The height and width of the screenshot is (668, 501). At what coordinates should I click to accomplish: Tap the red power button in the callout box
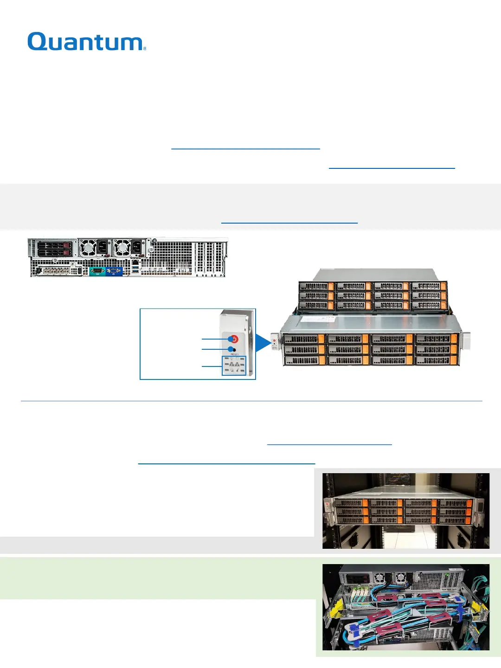pyautogui.click(x=234, y=339)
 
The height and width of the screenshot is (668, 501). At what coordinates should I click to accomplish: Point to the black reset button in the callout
pyautogui.click(x=233, y=349)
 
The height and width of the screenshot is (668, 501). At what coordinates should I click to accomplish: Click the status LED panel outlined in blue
pyautogui.click(x=234, y=365)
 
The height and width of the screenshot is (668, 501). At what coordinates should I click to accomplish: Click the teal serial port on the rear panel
pyautogui.click(x=97, y=271)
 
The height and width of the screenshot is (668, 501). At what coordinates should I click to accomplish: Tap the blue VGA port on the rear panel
pyautogui.click(x=114, y=271)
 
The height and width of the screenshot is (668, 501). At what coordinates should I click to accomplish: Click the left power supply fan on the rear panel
pyautogui.click(x=88, y=247)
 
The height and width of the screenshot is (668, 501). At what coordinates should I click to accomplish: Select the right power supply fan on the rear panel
pyautogui.click(x=122, y=247)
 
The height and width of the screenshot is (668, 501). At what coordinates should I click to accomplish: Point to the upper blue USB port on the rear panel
pyautogui.click(x=135, y=264)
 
